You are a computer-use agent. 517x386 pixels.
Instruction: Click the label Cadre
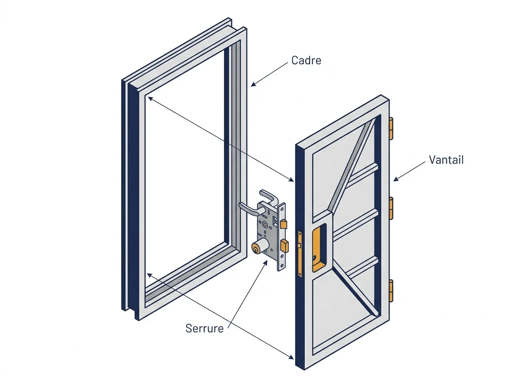tap(306, 60)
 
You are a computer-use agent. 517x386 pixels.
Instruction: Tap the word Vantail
tap(446, 160)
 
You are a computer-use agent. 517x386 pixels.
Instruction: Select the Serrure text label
tap(204, 328)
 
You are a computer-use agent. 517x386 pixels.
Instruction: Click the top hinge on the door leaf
tap(391, 128)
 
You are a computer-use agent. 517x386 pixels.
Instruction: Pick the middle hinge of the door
tap(391, 208)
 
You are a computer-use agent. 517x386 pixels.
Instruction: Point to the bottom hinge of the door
tap(391, 290)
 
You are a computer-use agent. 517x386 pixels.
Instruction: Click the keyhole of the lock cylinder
tap(255, 248)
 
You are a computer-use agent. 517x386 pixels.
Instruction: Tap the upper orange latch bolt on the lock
tap(283, 224)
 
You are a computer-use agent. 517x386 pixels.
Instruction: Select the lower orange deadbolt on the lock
tap(284, 246)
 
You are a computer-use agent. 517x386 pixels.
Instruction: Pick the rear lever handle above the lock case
tap(269, 197)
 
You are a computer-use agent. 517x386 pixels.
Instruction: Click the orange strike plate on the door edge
tap(299, 253)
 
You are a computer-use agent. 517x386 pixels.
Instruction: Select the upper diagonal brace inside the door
tap(352, 165)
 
